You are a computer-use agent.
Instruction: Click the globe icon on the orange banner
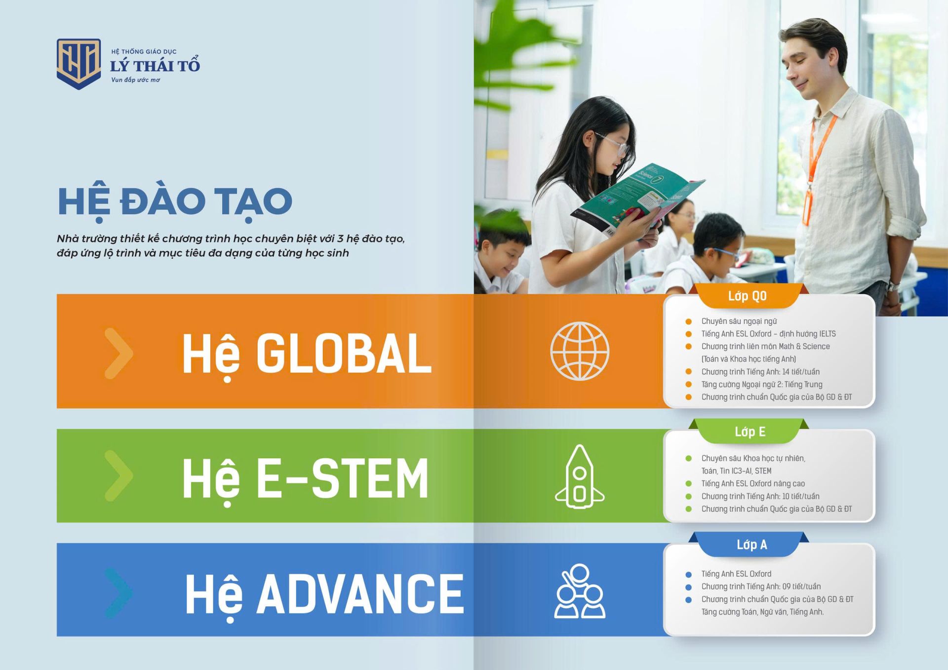point(580,351)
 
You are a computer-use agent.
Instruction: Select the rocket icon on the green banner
point(580,476)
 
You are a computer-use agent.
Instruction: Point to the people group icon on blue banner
point(580,591)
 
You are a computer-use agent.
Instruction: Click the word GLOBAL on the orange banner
point(344,354)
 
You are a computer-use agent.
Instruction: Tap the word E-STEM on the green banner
point(342,478)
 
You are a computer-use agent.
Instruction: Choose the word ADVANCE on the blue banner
point(360,594)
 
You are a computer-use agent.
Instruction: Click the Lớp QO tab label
point(747,296)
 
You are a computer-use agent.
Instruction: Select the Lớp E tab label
point(750,432)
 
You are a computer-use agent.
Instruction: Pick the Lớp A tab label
point(751,545)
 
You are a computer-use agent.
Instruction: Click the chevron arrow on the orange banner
point(119,354)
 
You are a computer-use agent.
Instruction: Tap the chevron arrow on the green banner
point(119,476)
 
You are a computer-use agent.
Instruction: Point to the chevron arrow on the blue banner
point(119,592)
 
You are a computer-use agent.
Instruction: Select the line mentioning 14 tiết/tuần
point(760,372)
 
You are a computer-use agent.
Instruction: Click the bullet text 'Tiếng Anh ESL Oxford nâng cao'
point(753,484)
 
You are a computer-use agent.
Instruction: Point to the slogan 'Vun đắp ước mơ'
point(135,80)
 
